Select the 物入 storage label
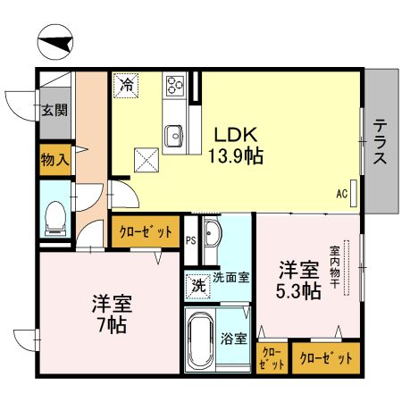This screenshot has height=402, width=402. click(54, 160)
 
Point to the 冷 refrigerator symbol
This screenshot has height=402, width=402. click(127, 87)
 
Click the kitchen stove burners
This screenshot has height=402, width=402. click(173, 87)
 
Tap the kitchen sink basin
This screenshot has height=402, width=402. click(173, 135)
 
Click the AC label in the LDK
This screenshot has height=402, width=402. click(341, 192)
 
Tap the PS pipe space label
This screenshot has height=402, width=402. click(190, 239)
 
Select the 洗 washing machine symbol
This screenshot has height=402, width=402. click(197, 287)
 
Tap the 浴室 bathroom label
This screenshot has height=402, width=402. click(233, 339)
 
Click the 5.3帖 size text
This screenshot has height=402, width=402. click(298, 291)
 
